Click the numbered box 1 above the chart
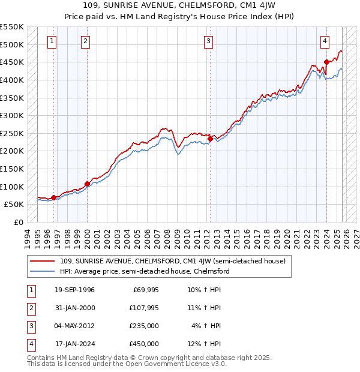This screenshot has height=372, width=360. coord(52,41)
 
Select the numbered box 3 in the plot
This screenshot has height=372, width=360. coord(208,41)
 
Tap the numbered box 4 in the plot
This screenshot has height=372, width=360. coord(325,41)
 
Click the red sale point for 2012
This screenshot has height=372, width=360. coord(210,139)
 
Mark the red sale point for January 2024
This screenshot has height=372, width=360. coord(326,62)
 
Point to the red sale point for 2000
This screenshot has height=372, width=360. coord(87,184)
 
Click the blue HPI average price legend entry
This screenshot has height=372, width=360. coord(144,271)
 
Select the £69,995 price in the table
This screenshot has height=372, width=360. coord(144,290)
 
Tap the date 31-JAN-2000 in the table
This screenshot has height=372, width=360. coord(75,308)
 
